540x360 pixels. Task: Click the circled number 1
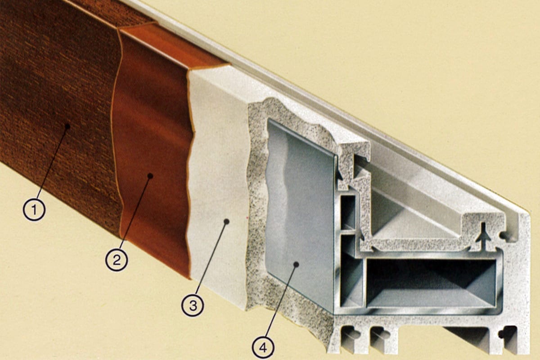point(34,209)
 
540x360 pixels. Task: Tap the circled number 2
point(117,260)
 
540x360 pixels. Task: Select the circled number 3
point(193,305)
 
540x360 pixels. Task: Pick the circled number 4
point(263,347)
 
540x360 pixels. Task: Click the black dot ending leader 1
point(68,126)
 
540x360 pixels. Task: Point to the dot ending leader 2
point(150,176)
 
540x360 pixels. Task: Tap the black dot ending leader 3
point(226,221)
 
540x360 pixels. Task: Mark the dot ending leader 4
point(296,265)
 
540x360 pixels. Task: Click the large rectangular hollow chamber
point(431,283)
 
